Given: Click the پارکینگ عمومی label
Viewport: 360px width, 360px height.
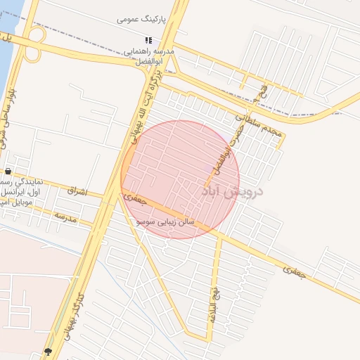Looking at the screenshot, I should tap(141, 20).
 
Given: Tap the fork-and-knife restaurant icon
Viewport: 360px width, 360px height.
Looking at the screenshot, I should tap(148, 40).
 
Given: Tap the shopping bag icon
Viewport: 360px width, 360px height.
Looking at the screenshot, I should tap(8, 171).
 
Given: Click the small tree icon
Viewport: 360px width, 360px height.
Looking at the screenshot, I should tap(48, 351).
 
